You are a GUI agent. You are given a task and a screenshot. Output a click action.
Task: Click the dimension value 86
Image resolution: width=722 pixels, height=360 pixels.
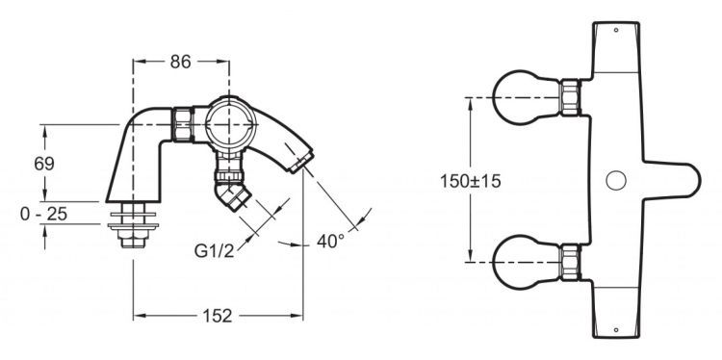tap(180, 62)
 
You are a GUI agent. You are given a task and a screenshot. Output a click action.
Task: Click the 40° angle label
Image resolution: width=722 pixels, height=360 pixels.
tap(330, 243)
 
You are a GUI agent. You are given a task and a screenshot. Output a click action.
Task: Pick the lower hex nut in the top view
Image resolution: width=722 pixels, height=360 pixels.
tap(572, 261)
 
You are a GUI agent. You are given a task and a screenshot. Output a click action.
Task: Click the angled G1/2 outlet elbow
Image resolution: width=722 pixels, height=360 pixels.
tap(235, 196)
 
